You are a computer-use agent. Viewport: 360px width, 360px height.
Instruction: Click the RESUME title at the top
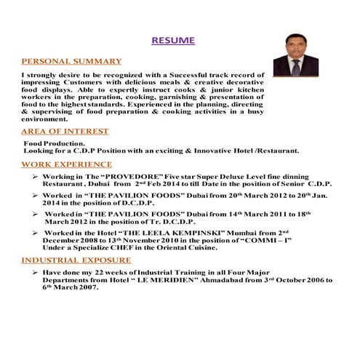(x=172, y=41)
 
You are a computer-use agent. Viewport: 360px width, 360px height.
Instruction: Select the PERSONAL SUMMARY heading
(x=71, y=61)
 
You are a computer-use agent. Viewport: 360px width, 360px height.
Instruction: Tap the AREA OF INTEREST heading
(x=65, y=131)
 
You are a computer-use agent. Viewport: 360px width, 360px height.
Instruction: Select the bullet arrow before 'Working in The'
(x=36, y=177)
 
